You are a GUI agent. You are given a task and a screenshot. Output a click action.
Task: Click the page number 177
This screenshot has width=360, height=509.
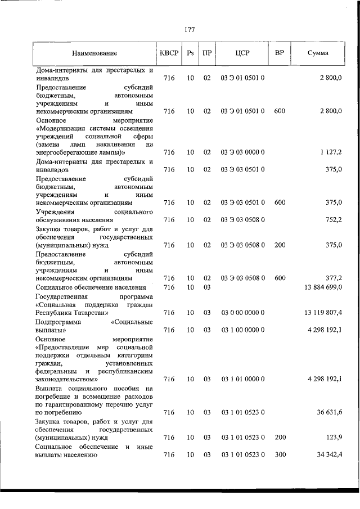coord(189,30)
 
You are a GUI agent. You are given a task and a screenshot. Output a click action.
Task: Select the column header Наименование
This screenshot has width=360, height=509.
coord(94,53)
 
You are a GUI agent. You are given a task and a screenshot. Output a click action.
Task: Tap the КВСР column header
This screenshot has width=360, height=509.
coord(169,53)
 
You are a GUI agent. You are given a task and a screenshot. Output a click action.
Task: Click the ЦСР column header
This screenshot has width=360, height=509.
coord(243,53)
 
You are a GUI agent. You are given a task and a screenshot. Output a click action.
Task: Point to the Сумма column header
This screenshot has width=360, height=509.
coord(319,53)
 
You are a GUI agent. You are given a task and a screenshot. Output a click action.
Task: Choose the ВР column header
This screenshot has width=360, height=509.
coord(280,53)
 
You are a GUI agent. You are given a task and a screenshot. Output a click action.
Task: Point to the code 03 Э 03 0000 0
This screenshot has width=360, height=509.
coord(243,152)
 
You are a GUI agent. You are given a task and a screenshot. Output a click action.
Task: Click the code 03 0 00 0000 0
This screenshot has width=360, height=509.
coord(243,312)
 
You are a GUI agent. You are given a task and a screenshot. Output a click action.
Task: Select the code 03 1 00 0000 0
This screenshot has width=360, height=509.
coord(243,330)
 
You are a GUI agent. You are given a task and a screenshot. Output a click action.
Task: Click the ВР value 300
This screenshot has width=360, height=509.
coord(280,455)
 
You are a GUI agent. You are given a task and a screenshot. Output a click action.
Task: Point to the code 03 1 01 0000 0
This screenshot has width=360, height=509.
coord(243,380)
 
